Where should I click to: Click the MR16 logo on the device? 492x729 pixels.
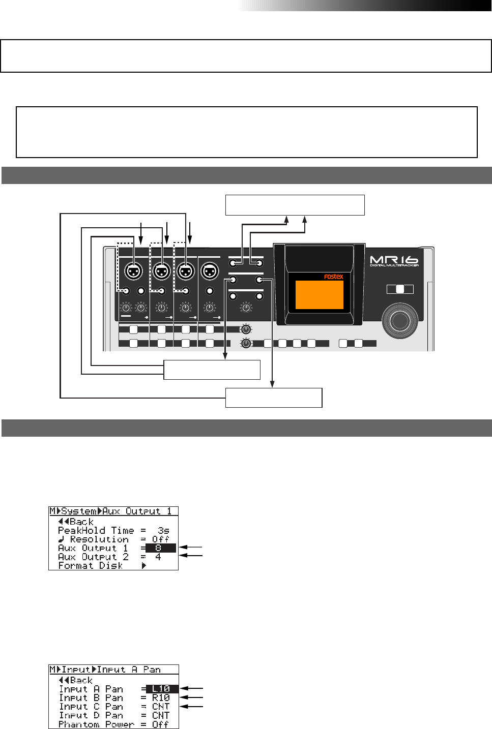394,261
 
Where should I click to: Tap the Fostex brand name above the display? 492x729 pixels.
333,277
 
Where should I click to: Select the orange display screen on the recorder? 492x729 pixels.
319,294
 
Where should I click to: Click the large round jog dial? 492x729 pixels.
400,320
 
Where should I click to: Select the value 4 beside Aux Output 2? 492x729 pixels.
158,557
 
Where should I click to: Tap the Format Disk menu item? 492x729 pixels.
90,565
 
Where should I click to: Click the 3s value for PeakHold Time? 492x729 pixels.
163,530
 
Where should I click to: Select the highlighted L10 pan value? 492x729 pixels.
161,689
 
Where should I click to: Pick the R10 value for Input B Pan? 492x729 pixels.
161,697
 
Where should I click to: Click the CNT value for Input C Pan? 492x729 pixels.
161,706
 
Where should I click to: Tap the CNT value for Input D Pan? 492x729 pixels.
161,715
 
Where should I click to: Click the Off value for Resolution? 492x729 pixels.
160,539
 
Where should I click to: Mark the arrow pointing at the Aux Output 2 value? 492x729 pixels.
191,556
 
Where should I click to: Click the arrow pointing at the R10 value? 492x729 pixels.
192,697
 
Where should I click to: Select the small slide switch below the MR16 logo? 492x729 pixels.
400,289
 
